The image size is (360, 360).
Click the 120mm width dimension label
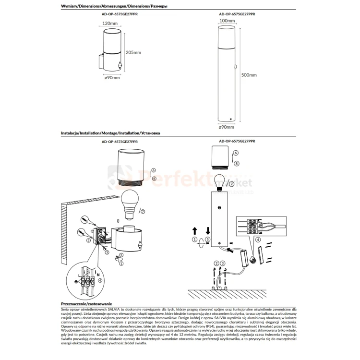(x=110, y=23)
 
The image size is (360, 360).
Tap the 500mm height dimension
(x=249, y=75)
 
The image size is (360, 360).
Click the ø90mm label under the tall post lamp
(x=226, y=127)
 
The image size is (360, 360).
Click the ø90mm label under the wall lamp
(x=112, y=78)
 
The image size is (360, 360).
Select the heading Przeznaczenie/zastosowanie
(x=86, y=304)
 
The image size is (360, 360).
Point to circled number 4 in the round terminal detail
(x=99, y=279)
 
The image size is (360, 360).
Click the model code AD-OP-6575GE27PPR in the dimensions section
(x=237, y=14)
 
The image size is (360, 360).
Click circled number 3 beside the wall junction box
(x=108, y=252)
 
